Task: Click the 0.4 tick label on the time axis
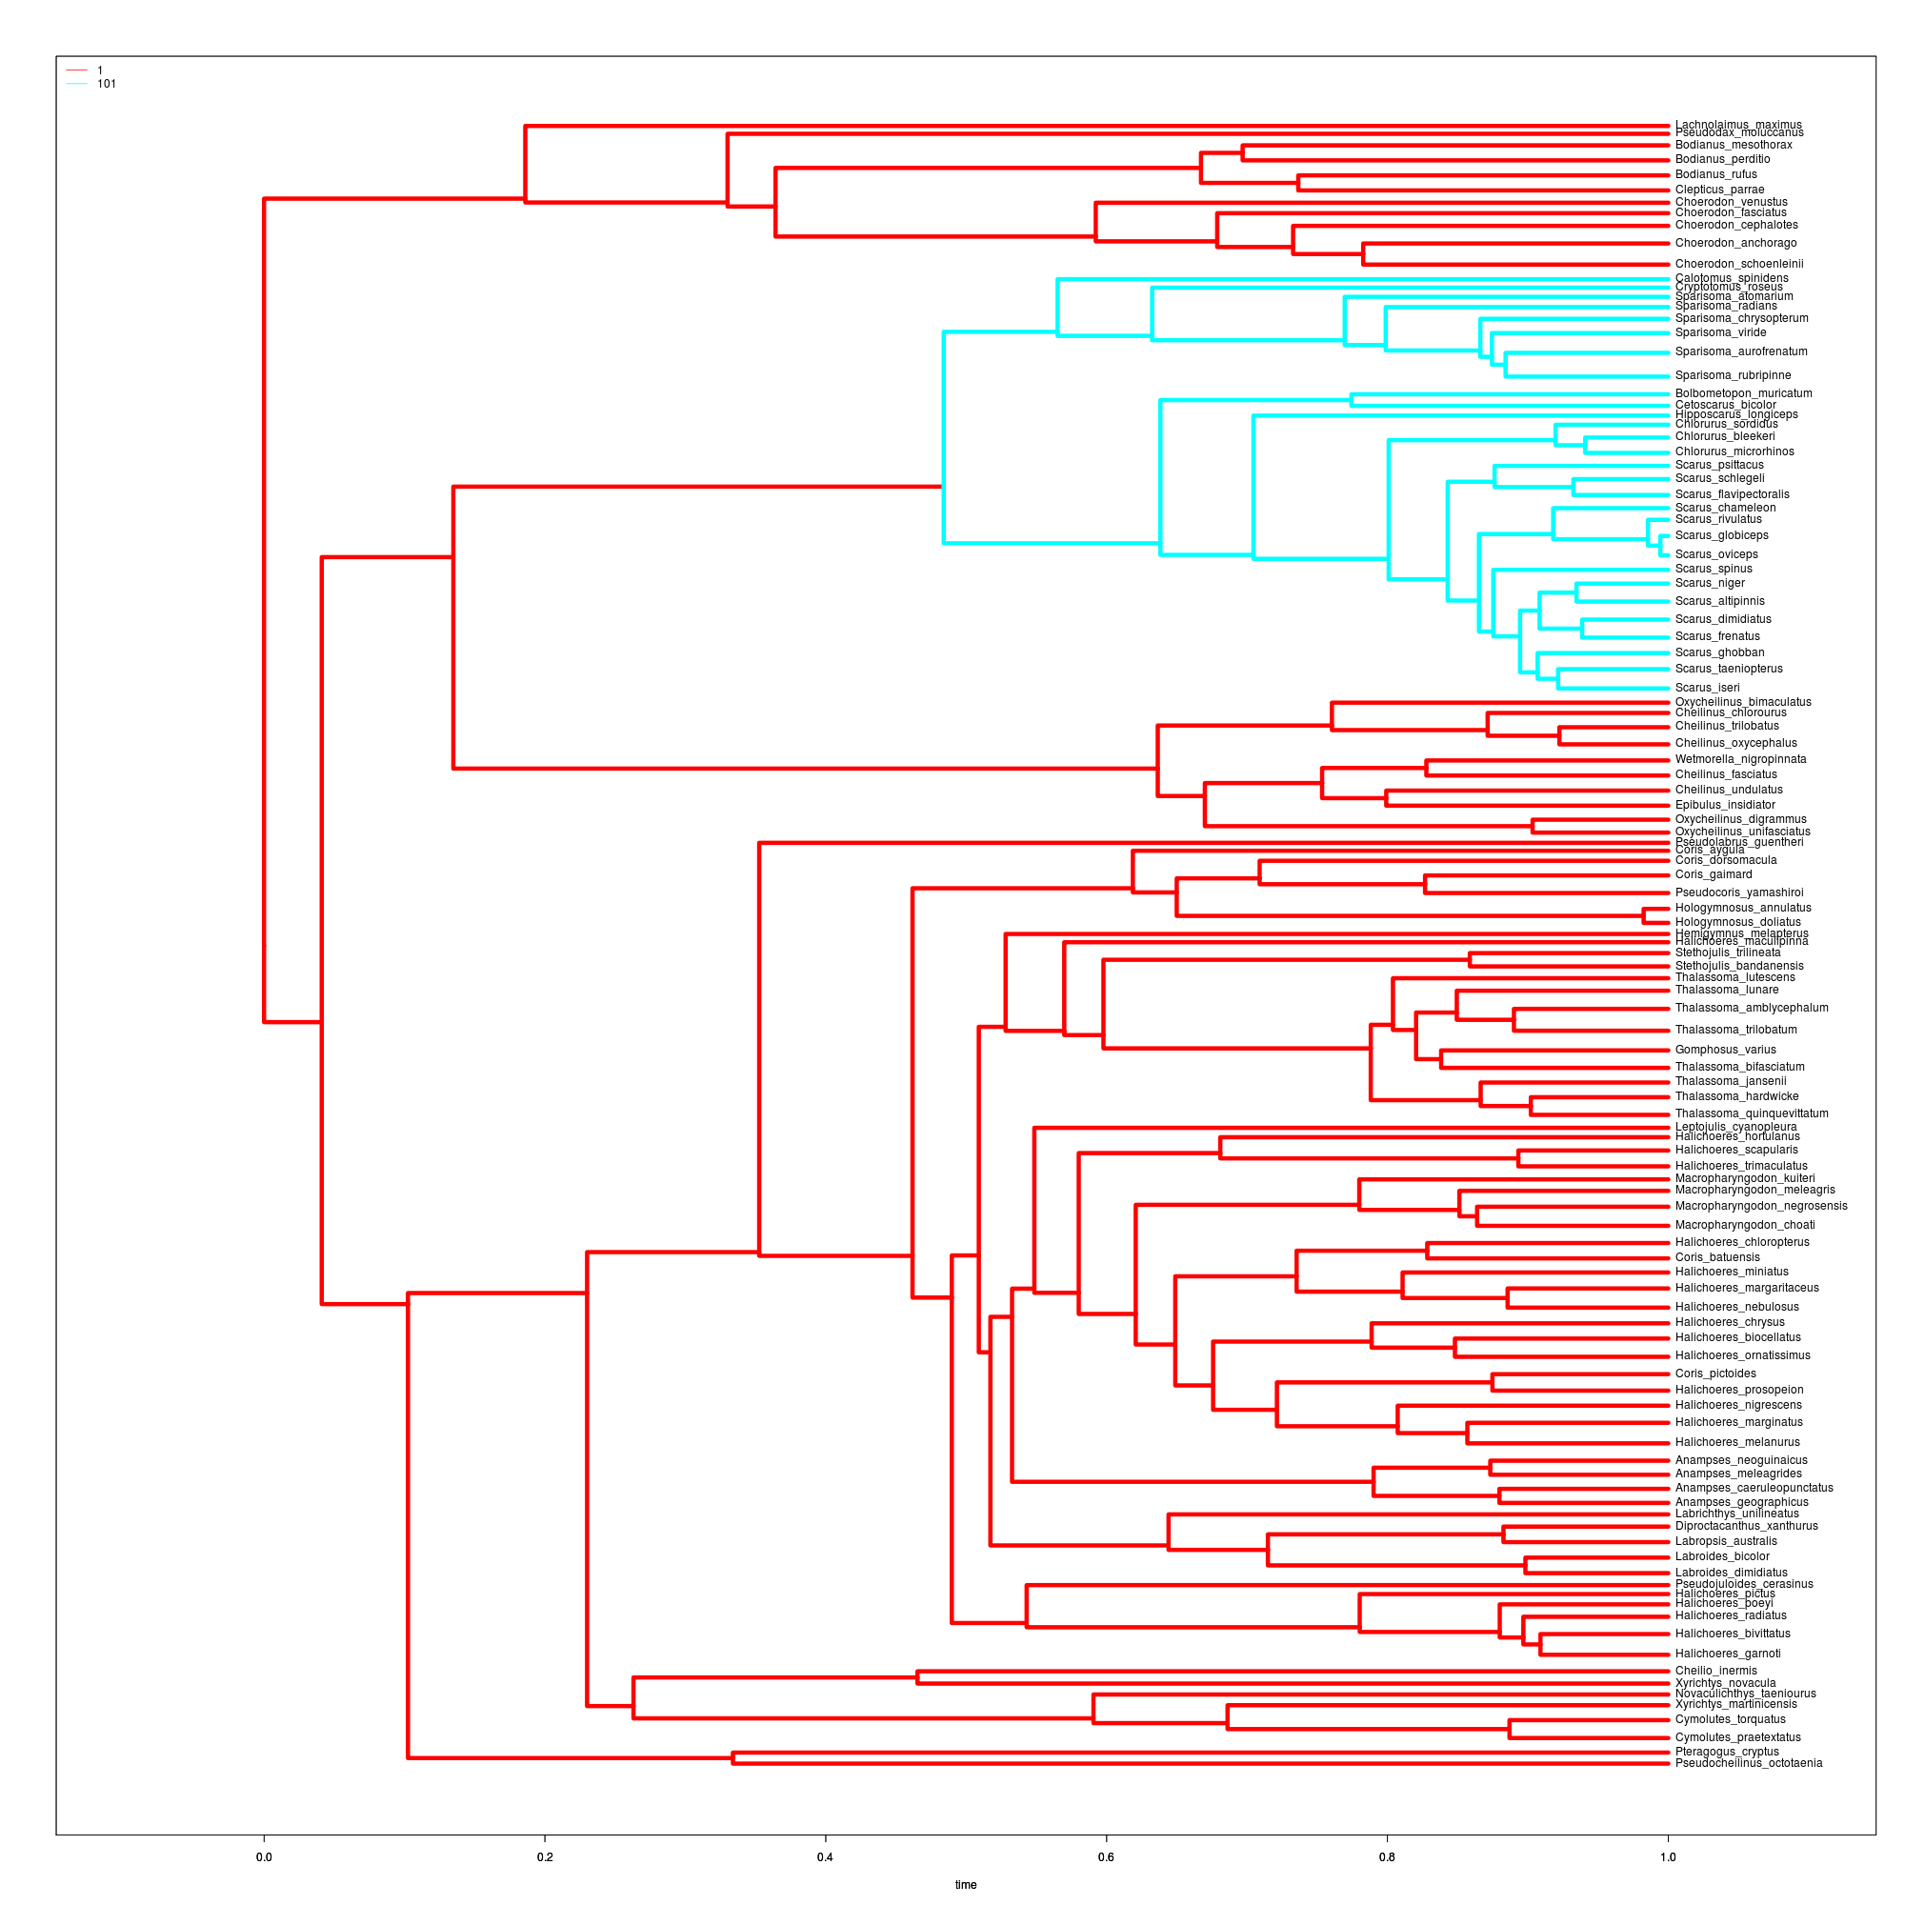(x=824, y=1857)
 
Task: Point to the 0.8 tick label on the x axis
(x=1386, y=1857)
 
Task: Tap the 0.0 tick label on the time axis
(x=263, y=1857)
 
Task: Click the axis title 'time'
(x=965, y=1885)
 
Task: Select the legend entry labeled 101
(x=107, y=84)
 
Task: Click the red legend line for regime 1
(x=77, y=70)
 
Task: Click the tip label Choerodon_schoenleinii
(x=1738, y=264)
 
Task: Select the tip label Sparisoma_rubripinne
(x=1733, y=375)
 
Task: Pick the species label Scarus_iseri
(x=1707, y=689)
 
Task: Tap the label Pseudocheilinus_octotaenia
(x=1748, y=1763)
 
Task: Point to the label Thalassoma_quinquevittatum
(x=1752, y=1113)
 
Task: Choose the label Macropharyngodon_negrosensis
(x=1761, y=1206)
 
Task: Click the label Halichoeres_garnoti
(x=1728, y=1654)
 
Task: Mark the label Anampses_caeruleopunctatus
(x=1755, y=1488)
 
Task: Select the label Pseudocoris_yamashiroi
(x=1739, y=892)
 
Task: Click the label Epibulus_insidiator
(x=1725, y=805)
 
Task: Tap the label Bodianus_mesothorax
(x=1734, y=145)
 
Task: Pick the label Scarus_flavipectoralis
(x=1732, y=495)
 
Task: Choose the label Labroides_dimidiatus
(x=1731, y=1573)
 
